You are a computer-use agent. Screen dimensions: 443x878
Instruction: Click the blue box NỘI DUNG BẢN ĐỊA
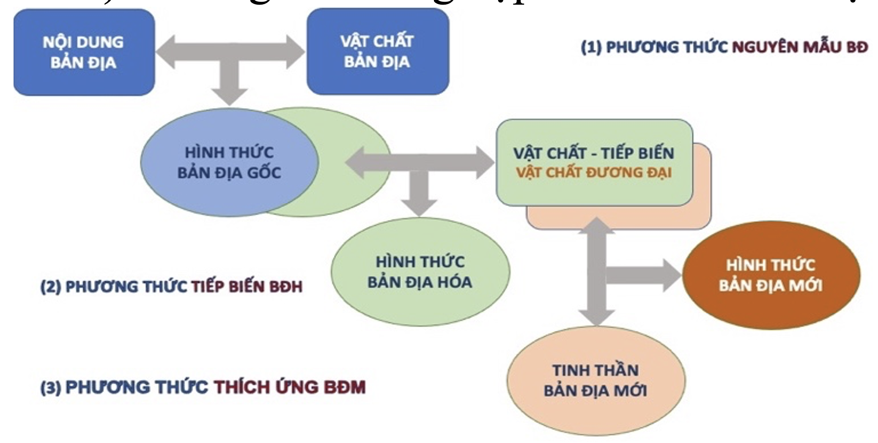(84, 52)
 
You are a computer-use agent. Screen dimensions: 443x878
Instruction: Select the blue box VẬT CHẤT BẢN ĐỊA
(377, 52)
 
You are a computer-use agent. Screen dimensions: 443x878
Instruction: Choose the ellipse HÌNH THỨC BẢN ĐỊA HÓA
(420, 272)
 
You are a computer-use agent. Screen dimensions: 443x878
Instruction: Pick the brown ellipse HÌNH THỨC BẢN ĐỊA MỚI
(771, 275)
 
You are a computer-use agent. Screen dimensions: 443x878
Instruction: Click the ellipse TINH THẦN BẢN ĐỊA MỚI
(595, 380)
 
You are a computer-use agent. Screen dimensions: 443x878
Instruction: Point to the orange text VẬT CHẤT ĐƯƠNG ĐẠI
(594, 172)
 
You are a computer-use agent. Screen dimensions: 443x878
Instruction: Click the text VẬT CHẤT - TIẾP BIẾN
(594, 153)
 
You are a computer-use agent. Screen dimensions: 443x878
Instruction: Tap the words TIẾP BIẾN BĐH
(247, 287)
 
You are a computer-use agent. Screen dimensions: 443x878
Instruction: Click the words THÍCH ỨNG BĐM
(290, 387)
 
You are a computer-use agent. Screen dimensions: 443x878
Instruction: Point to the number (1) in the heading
(591, 47)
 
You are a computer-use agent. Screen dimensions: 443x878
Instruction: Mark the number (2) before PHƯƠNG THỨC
(51, 287)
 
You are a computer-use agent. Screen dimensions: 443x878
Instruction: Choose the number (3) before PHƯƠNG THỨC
(51, 388)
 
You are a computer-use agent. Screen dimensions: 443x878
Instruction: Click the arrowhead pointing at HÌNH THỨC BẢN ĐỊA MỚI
(672, 276)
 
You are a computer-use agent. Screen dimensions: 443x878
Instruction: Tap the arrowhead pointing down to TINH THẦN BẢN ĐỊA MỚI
(596, 317)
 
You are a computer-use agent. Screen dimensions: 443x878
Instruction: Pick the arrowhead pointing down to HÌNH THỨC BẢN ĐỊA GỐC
(229, 96)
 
